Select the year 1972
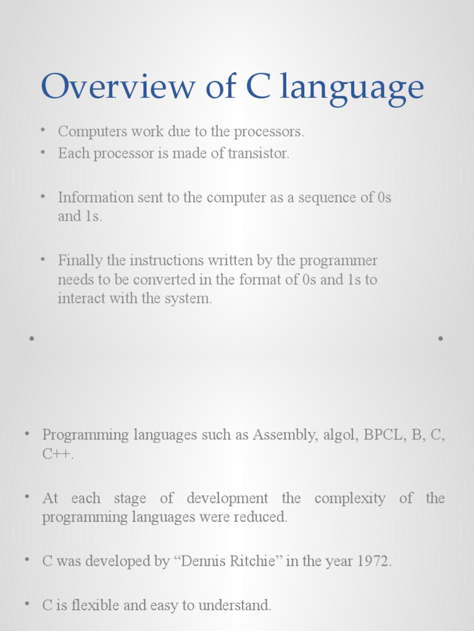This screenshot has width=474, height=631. [372, 561]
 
